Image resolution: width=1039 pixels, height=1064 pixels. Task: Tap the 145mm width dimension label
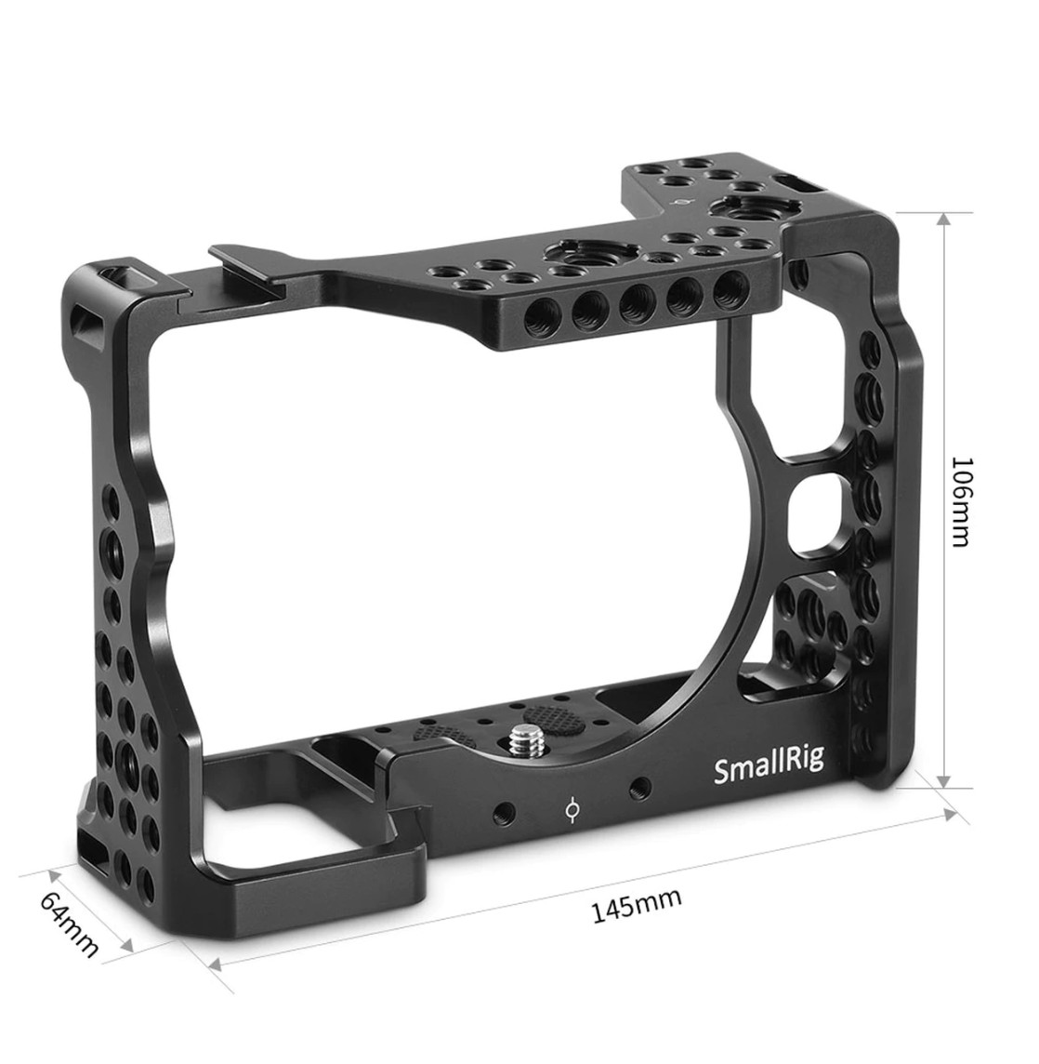(x=637, y=905)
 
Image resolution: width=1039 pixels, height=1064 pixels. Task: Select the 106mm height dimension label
(x=962, y=501)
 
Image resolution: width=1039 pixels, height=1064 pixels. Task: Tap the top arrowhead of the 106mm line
(x=944, y=219)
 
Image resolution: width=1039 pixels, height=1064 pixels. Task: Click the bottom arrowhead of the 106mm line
(x=944, y=780)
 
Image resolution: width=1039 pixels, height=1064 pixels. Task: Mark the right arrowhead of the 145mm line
(x=949, y=815)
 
